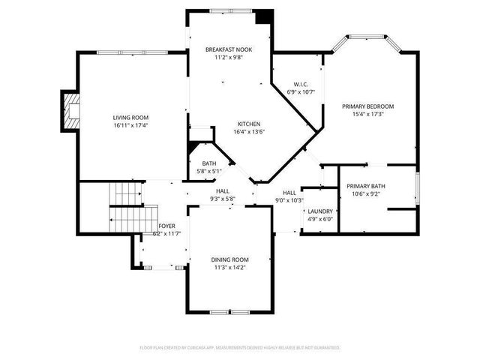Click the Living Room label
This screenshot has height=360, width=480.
[x=130, y=118]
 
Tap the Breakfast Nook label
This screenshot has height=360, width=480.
[x=229, y=49]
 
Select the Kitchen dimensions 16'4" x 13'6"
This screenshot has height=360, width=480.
[x=249, y=132]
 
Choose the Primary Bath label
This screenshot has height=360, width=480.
[x=366, y=186]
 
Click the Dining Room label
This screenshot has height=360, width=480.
[x=229, y=259]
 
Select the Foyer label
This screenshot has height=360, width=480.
[x=166, y=226]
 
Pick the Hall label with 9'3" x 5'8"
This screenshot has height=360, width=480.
[x=223, y=191]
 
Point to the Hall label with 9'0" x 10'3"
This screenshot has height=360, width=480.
[x=289, y=193]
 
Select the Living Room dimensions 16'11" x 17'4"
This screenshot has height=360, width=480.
[x=130, y=126]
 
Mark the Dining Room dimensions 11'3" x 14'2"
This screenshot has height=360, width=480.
[x=229, y=267]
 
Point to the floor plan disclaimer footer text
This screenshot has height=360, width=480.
[x=240, y=348]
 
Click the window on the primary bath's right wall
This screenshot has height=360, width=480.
[x=417, y=188]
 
